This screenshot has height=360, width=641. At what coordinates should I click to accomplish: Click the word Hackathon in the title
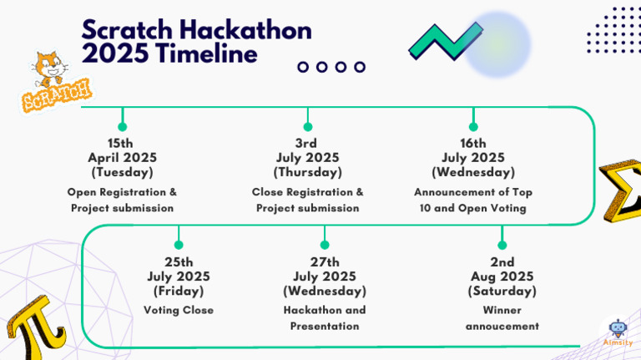[241, 31]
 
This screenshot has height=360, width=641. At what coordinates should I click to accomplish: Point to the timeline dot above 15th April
[123, 127]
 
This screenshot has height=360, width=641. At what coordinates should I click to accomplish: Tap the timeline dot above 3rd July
[308, 127]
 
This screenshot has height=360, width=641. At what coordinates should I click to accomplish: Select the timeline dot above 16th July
[473, 127]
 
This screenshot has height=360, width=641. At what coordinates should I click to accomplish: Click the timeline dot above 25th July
[179, 245]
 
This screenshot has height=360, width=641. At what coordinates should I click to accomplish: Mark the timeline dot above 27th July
[324, 245]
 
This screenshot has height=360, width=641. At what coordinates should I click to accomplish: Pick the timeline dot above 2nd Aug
[502, 245]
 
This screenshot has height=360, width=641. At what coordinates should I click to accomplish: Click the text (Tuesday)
[122, 172]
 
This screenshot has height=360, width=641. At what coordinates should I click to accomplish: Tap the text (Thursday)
[308, 172]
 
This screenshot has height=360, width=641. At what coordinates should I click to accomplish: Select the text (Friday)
[179, 291]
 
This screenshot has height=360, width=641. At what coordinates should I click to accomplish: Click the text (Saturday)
[502, 291]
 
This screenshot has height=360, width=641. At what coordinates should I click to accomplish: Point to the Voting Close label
[179, 310]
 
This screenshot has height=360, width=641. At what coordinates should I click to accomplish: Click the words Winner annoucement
[502, 317]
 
